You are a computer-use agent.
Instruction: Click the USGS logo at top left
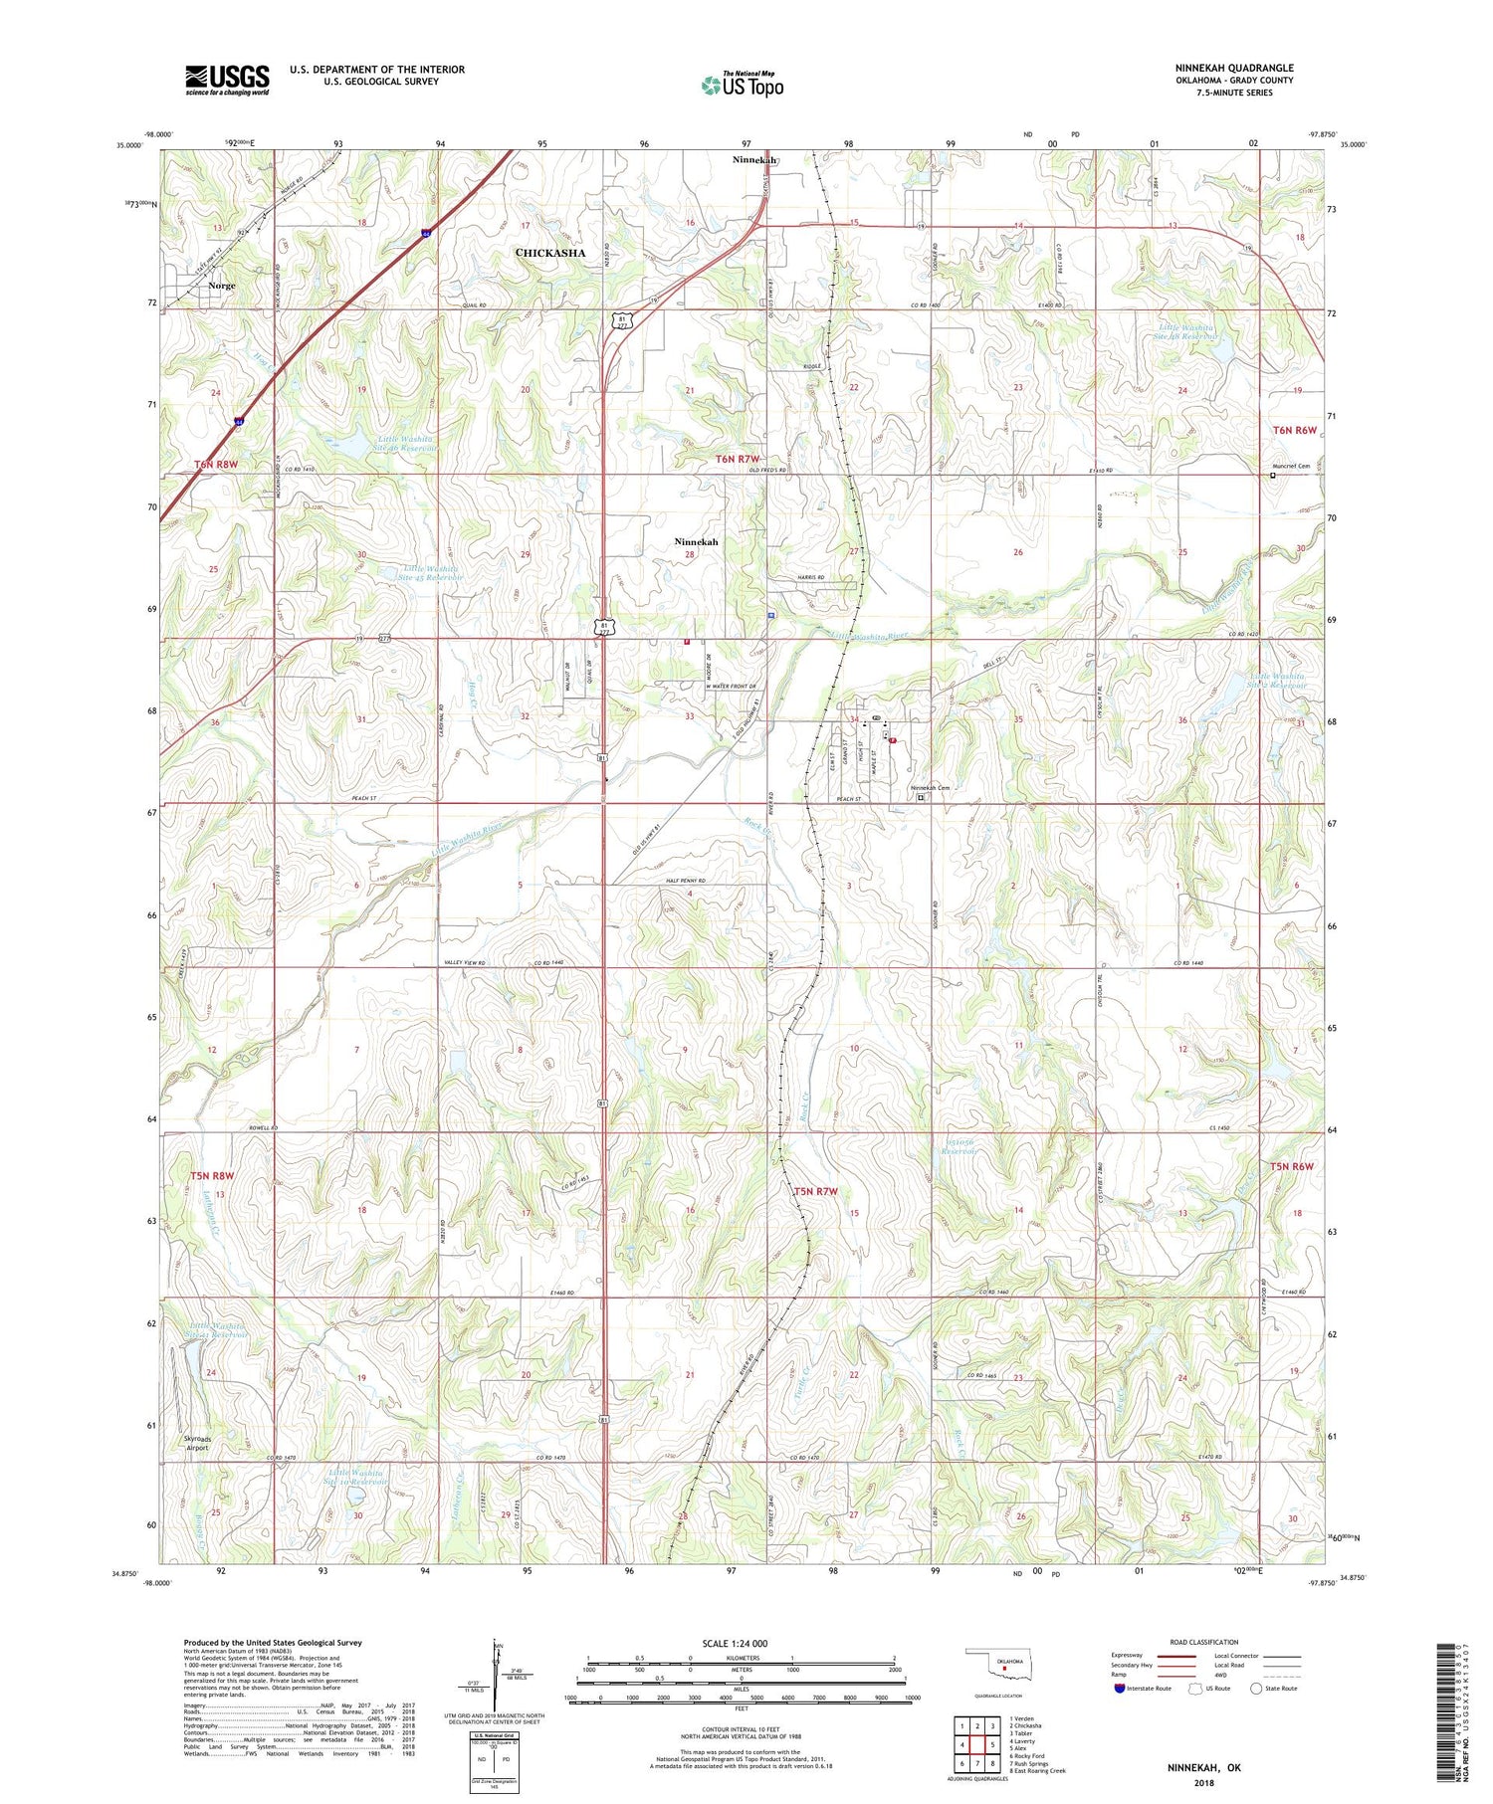(227, 80)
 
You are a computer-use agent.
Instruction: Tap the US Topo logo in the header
(742, 86)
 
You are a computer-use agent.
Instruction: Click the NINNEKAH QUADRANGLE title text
(1233, 68)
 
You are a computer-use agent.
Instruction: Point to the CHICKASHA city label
(549, 253)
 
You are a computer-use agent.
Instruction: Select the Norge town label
(221, 286)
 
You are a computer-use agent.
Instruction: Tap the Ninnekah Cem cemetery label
(930, 788)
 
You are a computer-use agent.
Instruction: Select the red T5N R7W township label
(815, 1190)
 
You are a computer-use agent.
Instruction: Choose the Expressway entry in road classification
(1131, 1656)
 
